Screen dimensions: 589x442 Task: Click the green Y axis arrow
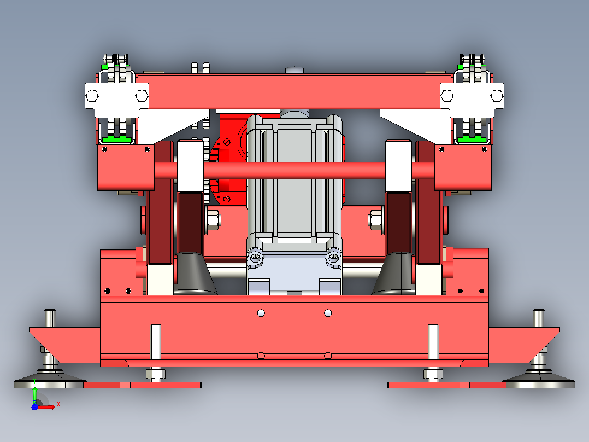click(34, 391)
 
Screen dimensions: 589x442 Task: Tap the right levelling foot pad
click(539, 381)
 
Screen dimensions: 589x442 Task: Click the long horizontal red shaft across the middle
click(294, 171)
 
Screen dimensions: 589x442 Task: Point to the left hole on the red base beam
click(261, 313)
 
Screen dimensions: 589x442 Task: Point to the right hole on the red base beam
click(328, 313)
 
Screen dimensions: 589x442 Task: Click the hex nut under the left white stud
click(156, 374)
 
